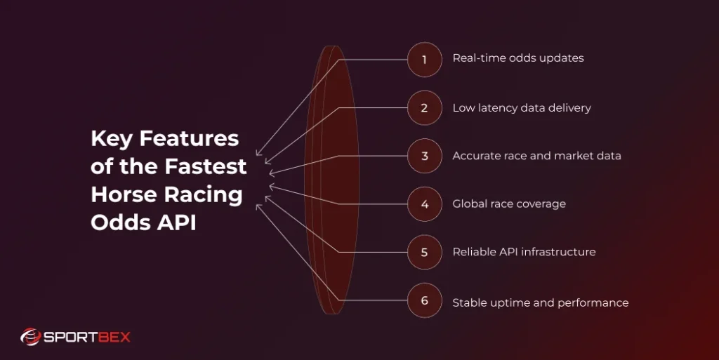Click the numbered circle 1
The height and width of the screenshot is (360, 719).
pos(425,59)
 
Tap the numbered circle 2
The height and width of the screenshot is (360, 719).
pos(425,108)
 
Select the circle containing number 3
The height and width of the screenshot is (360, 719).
pos(425,156)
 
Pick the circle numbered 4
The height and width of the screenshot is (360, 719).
pos(425,204)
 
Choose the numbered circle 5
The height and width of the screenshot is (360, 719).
pos(425,252)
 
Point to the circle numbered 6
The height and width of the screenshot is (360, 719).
pos(425,300)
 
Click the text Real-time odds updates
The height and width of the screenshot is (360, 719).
pos(517,58)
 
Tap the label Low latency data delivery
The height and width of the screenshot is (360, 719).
pos(521,108)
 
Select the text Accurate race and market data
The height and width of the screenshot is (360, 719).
pos(536,156)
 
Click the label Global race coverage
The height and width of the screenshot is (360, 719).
pos(508,204)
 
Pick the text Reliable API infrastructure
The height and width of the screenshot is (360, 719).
pos(524,252)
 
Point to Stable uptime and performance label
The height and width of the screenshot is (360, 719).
pos(540,303)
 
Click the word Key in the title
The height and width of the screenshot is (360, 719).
pos(112,139)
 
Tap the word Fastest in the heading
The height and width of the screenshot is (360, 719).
pos(206,167)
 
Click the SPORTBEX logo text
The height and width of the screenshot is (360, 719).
pos(87,338)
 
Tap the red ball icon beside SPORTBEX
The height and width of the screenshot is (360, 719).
pos(30,338)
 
